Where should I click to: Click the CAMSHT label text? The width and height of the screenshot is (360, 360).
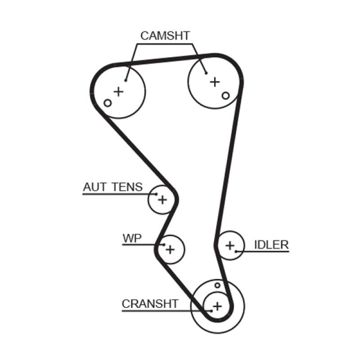click(165, 36)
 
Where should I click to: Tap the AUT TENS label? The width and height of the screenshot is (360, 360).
click(112, 186)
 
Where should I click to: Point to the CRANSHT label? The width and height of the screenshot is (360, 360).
click(150, 304)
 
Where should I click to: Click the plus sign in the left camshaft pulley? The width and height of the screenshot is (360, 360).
click(118, 92)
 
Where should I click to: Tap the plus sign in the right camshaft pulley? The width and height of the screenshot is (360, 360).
click(215, 81)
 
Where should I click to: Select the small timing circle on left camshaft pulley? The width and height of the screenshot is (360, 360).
click(107, 103)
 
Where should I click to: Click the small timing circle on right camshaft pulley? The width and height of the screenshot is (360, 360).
click(226, 95)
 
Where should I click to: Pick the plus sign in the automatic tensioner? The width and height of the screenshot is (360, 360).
click(162, 198)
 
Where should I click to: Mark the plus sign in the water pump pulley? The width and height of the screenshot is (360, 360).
click(170, 249)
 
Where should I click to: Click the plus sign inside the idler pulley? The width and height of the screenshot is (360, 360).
click(230, 245)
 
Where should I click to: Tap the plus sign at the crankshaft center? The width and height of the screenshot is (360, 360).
click(217, 306)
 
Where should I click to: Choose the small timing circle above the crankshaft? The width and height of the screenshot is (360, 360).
click(217, 285)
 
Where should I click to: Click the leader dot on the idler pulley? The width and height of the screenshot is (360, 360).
click(236, 251)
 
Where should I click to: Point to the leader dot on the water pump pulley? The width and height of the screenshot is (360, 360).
click(164, 245)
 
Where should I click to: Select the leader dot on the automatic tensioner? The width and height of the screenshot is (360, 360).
click(156, 194)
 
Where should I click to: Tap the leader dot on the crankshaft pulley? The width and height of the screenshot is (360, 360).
click(211, 310)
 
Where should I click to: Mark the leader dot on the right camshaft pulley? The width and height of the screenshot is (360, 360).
click(206, 73)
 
